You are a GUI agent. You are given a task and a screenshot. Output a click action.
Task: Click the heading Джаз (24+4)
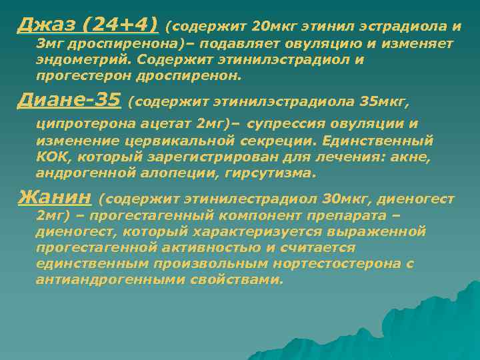click(88, 25)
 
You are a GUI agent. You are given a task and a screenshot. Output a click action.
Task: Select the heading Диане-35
click(69, 101)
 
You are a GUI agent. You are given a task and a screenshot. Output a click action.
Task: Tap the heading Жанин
click(55, 198)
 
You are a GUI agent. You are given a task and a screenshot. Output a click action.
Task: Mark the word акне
click(413, 157)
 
